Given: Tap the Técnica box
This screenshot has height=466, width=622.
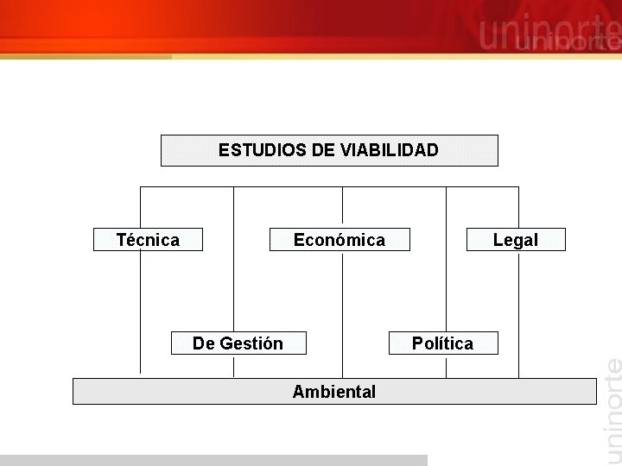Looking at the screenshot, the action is (x=148, y=240).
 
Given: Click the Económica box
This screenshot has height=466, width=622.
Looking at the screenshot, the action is (x=340, y=240).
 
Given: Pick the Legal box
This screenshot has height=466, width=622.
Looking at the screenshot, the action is (x=516, y=240).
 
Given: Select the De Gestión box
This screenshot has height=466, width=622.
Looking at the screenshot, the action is (x=238, y=343).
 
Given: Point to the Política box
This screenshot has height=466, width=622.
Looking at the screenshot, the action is (x=443, y=343).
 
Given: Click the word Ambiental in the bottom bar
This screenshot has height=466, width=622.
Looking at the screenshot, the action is (x=334, y=392).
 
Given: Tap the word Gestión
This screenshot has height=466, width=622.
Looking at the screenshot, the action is (x=251, y=343).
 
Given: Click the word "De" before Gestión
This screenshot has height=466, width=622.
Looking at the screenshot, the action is (x=204, y=343).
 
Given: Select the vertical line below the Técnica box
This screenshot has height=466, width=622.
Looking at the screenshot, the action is (x=140, y=311).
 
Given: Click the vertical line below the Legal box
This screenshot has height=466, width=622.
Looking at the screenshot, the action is (x=518, y=311).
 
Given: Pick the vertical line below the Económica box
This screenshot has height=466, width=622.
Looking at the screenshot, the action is (x=342, y=311).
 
